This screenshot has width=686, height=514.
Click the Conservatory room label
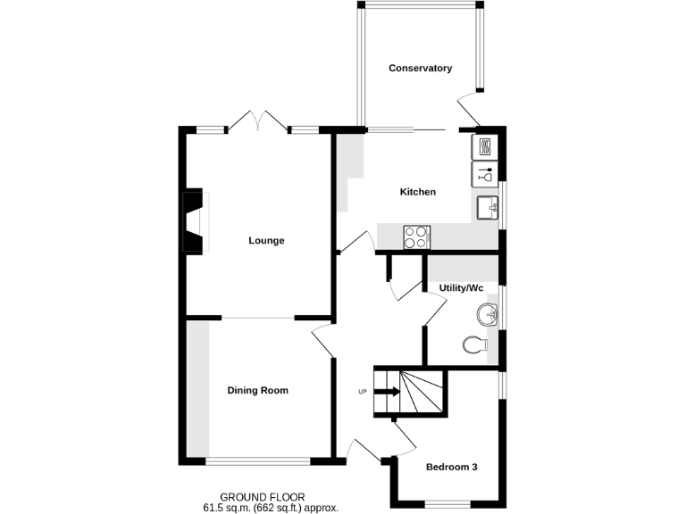(420, 68)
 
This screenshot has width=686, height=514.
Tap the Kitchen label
(417, 192)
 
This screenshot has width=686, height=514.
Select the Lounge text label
(266, 240)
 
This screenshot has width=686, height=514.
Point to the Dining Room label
(257, 390)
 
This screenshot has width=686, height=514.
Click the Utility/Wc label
(461, 287)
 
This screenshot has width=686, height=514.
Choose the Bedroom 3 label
(451, 467)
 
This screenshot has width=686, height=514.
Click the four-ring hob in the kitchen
(416, 236)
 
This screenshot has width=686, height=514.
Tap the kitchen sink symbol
(488, 208)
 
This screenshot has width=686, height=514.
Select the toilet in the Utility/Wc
(474, 344)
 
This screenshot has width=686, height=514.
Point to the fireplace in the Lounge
(194, 220)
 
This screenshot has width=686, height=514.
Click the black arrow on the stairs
(389, 390)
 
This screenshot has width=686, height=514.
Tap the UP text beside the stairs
(362, 391)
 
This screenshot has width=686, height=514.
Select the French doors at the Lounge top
(257, 121)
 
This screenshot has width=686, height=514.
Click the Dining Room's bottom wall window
(258, 460)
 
